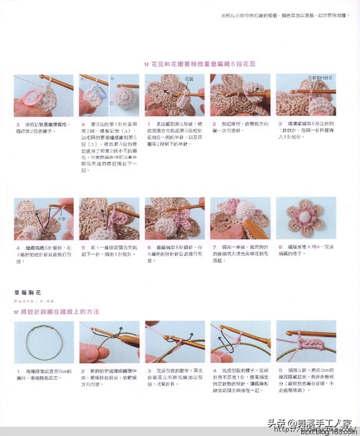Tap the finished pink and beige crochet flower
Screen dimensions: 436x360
(x=306, y=218)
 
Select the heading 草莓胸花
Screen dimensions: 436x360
(x=29, y=292)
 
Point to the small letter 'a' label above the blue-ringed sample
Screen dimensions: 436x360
(x=82, y=79)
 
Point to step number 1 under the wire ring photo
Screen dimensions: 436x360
(x=17, y=371)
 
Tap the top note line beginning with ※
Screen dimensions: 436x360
(x=284, y=16)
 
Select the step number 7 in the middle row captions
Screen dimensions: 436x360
(x=213, y=247)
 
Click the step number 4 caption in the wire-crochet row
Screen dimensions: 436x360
(x=213, y=371)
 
